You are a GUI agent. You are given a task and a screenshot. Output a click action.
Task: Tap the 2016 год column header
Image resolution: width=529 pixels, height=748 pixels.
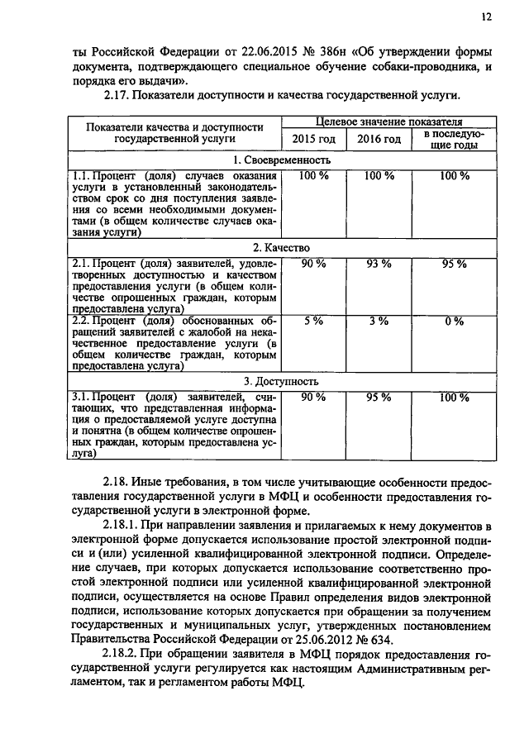point(379,139)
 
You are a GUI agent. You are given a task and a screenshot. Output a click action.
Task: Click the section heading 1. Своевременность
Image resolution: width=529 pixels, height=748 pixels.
point(282,160)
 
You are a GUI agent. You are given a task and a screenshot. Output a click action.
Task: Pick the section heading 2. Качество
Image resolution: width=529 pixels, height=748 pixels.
point(282,247)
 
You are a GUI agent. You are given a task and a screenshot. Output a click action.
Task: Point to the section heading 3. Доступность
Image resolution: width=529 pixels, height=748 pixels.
point(282,381)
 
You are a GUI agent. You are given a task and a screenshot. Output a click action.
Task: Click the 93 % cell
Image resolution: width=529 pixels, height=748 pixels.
point(379,264)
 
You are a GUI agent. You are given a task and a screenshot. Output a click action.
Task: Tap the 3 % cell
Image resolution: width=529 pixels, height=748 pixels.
point(379,321)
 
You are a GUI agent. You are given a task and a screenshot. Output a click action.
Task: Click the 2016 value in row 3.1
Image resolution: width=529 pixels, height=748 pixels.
point(379,398)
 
